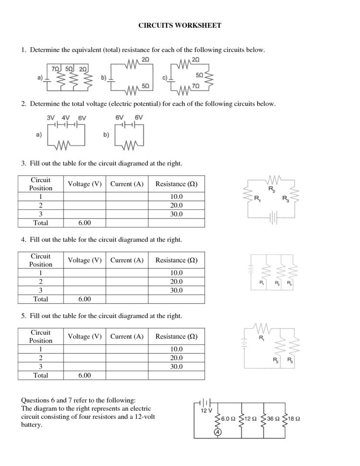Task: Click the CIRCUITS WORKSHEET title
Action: [180, 25]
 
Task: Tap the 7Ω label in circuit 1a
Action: [56, 69]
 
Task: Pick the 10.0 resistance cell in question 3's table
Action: [176, 196]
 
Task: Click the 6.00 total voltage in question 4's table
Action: [84, 299]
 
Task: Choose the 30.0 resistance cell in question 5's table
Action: [176, 367]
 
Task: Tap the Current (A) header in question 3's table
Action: [127, 184]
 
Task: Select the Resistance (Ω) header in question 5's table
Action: [176, 336]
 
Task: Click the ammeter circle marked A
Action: [217, 432]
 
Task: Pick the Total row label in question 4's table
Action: [41, 299]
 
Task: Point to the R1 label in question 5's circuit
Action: [262, 338]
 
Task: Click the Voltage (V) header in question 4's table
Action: [84, 260]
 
